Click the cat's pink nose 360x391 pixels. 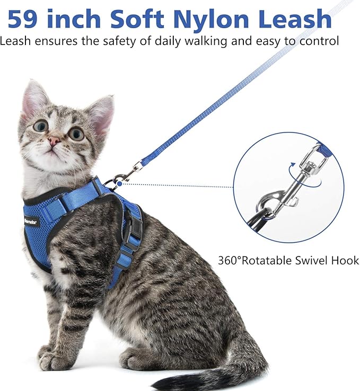coord(54,141)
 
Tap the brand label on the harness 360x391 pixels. coord(30,220)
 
